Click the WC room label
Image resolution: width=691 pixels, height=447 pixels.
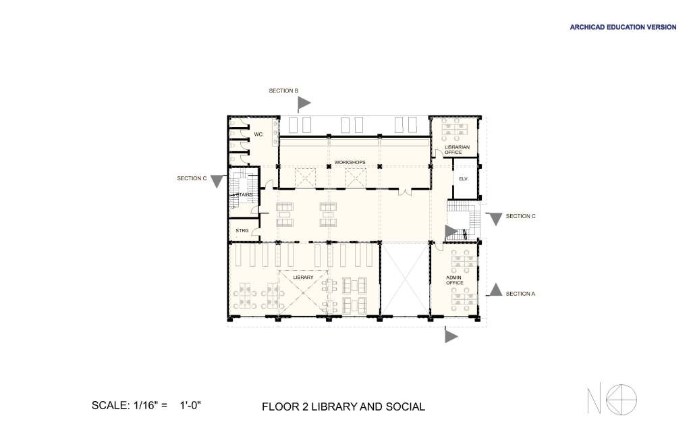[x=258, y=134]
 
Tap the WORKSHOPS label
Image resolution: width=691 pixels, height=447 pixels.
[x=350, y=162]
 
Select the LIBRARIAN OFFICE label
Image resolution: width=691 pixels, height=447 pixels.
[x=457, y=149]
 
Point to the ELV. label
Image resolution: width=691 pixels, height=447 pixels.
[x=463, y=179]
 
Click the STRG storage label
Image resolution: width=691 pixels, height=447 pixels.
[x=242, y=230]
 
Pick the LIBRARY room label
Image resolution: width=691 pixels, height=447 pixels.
[x=303, y=278]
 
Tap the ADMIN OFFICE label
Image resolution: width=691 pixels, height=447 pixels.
[x=454, y=280]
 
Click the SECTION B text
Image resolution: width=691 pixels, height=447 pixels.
[x=283, y=90]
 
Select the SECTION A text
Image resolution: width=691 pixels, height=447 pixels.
[x=520, y=294]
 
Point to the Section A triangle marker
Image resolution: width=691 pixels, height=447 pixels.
[x=496, y=290]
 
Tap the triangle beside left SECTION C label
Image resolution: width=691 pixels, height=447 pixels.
[x=217, y=181]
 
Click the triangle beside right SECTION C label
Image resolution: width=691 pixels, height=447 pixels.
[x=496, y=219]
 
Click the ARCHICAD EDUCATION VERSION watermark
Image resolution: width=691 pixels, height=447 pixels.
[x=623, y=27]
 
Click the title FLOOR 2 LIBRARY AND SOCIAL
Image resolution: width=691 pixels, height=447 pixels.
[x=343, y=406]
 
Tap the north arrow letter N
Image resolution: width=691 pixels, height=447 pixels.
[x=594, y=400]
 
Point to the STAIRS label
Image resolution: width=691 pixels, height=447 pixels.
[x=243, y=195]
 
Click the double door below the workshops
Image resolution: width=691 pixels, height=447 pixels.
[x=405, y=192]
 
